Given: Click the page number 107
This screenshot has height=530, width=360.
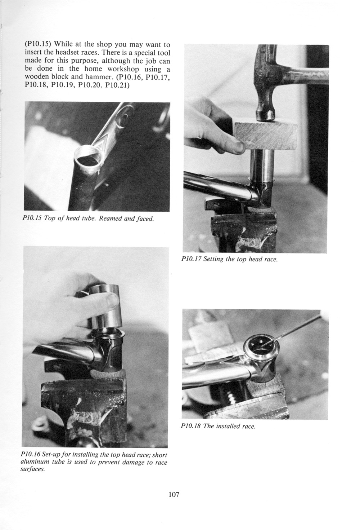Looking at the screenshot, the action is point(174,495).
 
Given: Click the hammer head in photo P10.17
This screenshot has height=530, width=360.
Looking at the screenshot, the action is point(266,80).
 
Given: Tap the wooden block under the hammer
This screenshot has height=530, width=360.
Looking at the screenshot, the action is point(265,136).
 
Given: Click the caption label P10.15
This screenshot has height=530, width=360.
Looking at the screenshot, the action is point(32,218).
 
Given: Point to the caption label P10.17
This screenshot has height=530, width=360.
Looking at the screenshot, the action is point(191,259).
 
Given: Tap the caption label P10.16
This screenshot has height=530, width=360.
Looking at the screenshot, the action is point(30,455).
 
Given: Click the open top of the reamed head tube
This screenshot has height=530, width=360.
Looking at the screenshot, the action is point(87,159).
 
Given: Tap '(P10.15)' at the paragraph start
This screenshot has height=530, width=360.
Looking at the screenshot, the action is point(37,44).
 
